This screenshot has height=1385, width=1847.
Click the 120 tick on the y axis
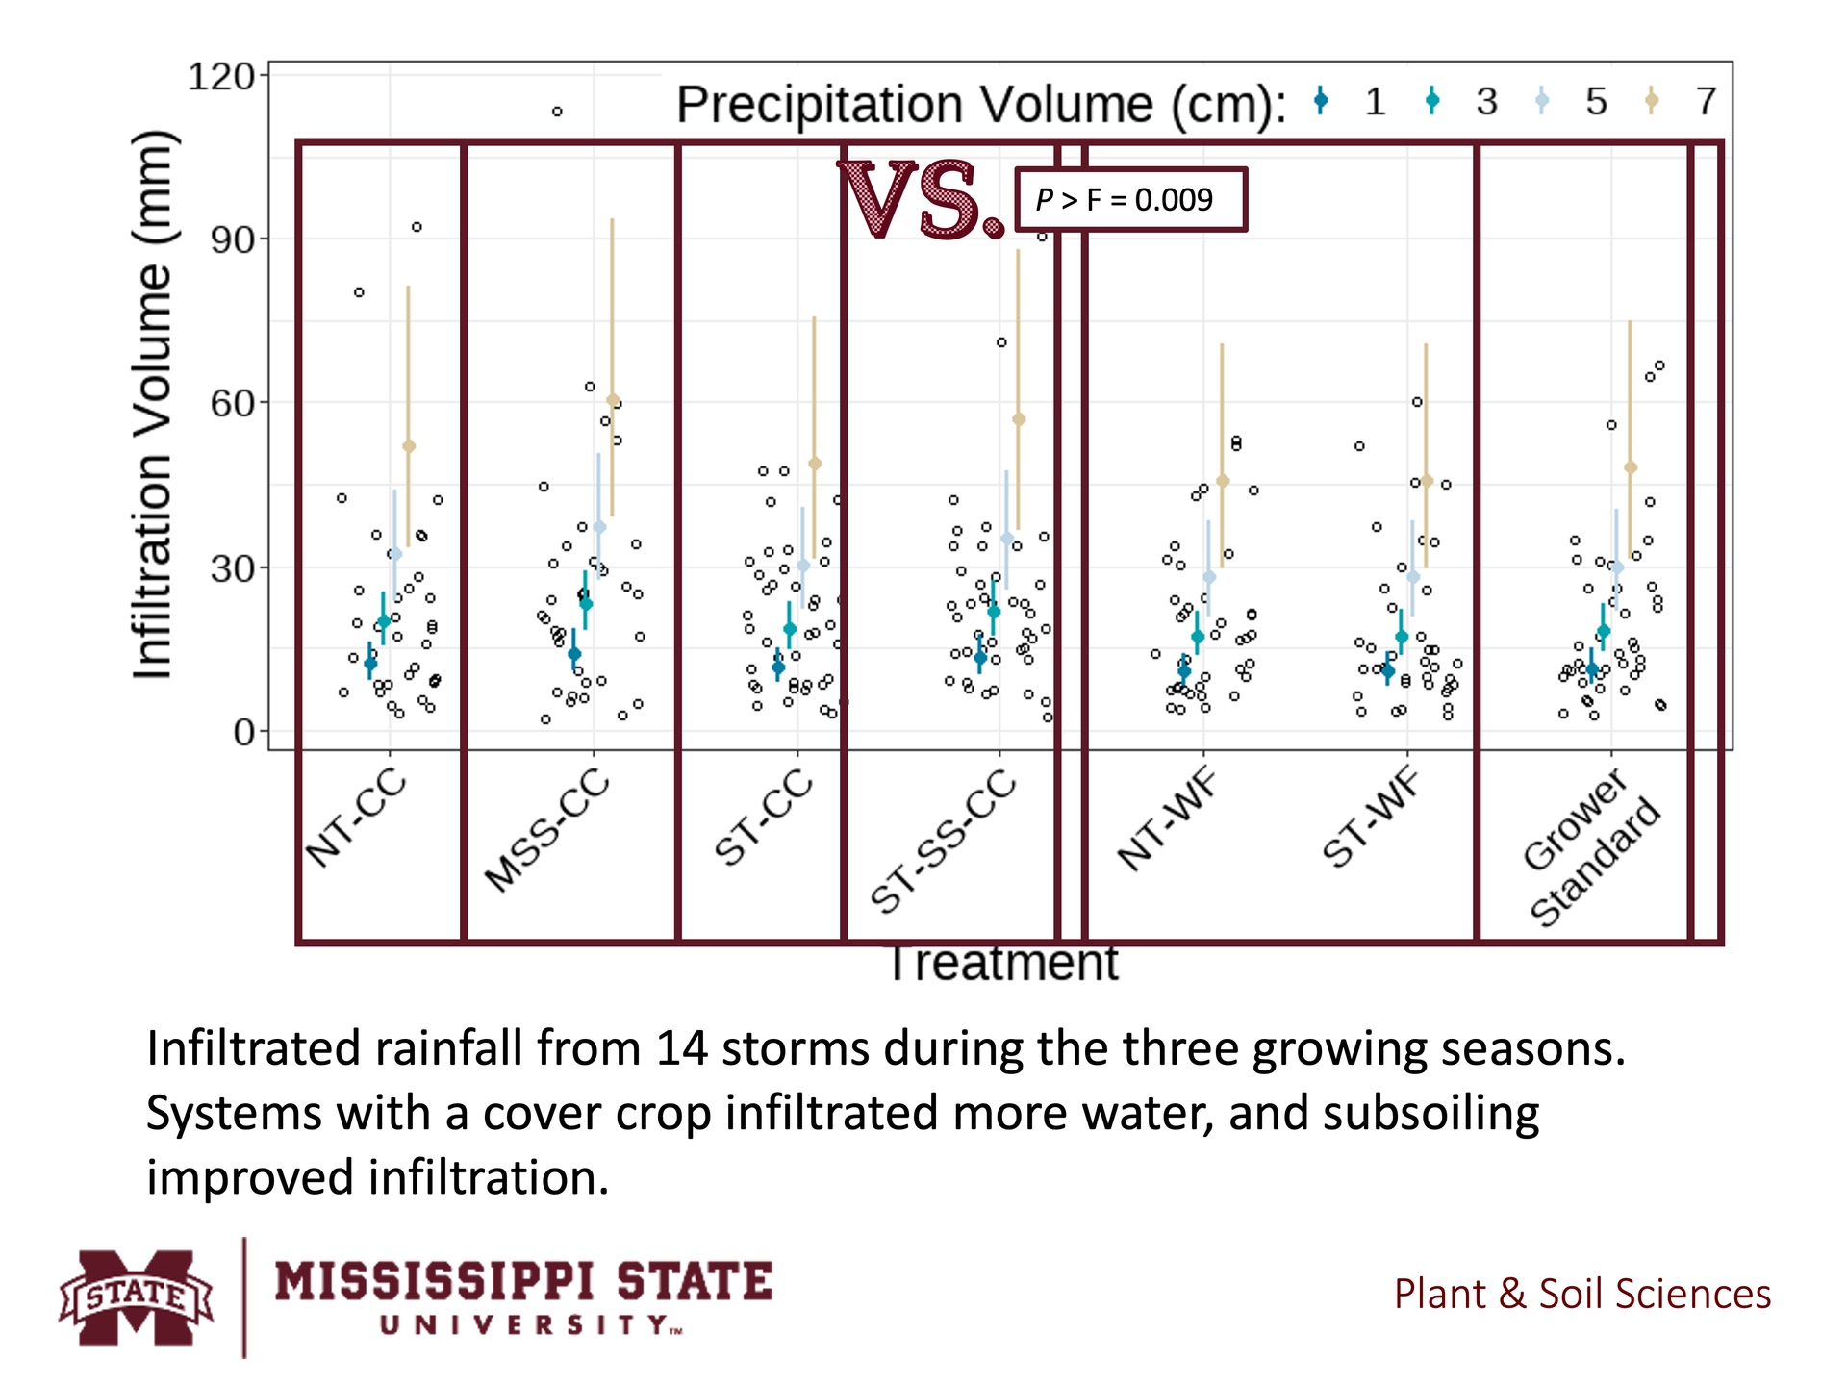(x=220, y=77)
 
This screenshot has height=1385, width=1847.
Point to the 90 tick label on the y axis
(x=232, y=240)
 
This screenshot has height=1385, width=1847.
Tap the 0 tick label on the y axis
(x=244, y=732)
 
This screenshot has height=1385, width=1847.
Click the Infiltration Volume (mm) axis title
(x=154, y=404)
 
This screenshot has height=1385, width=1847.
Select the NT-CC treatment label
(x=356, y=818)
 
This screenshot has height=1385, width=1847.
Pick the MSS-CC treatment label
(x=547, y=830)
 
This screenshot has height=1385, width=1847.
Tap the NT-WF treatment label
(x=1167, y=820)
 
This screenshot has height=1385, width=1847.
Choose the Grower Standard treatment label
(x=1592, y=846)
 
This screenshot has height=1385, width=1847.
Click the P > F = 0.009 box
(x=1130, y=200)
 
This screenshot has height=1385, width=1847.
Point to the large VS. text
(x=921, y=200)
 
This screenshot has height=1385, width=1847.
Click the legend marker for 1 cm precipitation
(x=1321, y=100)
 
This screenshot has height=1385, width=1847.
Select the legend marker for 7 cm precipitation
(x=1652, y=100)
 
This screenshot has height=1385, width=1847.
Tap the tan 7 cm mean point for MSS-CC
(x=613, y=400)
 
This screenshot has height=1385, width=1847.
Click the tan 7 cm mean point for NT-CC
(x=409, y=446)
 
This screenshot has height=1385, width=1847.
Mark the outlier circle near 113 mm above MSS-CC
(x=557, y=112)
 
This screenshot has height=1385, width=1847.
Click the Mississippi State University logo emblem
(x=136, y=1297)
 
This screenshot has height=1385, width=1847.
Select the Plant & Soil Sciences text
(x=1582, y=1295)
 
